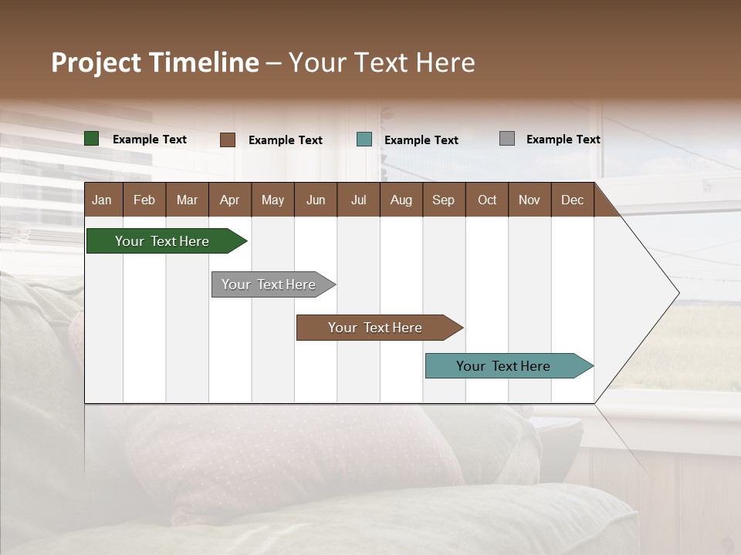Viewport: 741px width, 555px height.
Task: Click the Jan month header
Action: point(103,200)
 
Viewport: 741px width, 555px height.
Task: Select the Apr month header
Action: point(230,200)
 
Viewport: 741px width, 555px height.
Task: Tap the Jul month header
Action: point(358,200)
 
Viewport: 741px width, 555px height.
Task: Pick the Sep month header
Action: point(444,200)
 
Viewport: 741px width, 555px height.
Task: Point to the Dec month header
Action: point(572,200)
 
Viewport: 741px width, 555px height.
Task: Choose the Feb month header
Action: point(144,200)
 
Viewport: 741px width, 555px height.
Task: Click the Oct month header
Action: point(487,200)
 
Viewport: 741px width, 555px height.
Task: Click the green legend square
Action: point(92,139)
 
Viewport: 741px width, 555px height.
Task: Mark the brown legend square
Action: point(228,140)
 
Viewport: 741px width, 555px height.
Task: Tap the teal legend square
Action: point(364,140)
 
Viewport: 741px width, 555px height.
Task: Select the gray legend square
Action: point(507,139)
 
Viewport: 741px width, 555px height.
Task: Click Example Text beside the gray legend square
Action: point(563,140)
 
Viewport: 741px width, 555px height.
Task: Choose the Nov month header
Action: point(530,200)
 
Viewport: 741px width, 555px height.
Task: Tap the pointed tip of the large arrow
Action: point(678,292)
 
